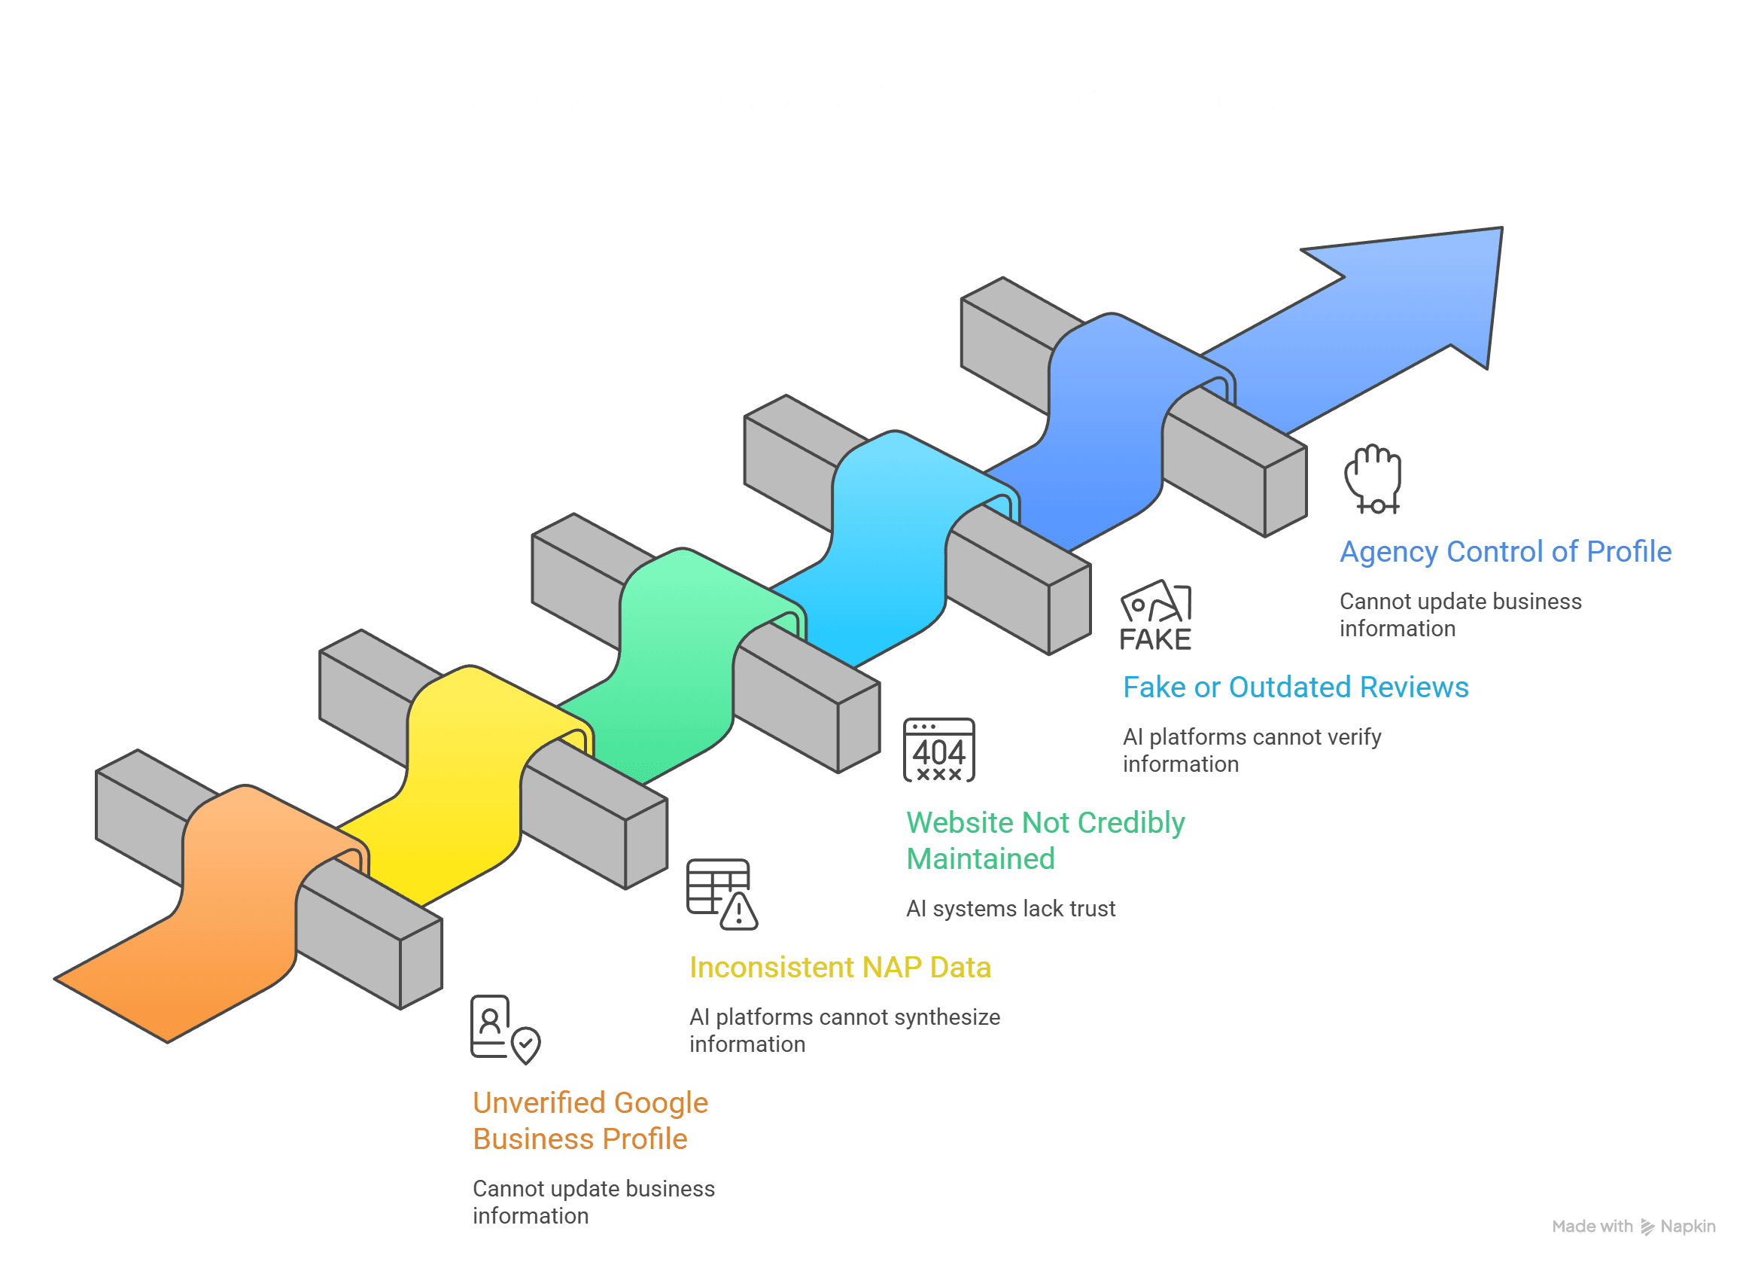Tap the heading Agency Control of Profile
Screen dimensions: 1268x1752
pyautogui.click(x=1505, y=552)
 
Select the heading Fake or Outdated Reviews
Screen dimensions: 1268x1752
pyautogui.click(x=1295, y=687)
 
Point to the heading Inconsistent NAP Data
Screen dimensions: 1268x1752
pyautogui.click(x=840, y=968)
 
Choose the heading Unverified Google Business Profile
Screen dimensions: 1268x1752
pyautogui.click(x=589, y=1120)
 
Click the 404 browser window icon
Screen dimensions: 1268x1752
pyautogui.click(x=938, y=750)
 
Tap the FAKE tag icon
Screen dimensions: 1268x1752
pyautogui.click(x=1156, y=616)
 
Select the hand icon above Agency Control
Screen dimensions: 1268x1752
pyautogui.click(x=1373, y=479)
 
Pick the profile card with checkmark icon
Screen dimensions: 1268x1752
pyautogui.click(x=504, y=1029)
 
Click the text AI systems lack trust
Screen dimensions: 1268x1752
pyautogui.click(x=1011, y=909)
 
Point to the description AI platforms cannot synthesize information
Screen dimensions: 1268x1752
pyautogui.click(x=844, y=1031)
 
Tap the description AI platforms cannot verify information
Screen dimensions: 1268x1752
pyautogui.click(x=1252, y=750)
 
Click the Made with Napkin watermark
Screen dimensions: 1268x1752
pyautogui.click(x=1633, y=1227)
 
